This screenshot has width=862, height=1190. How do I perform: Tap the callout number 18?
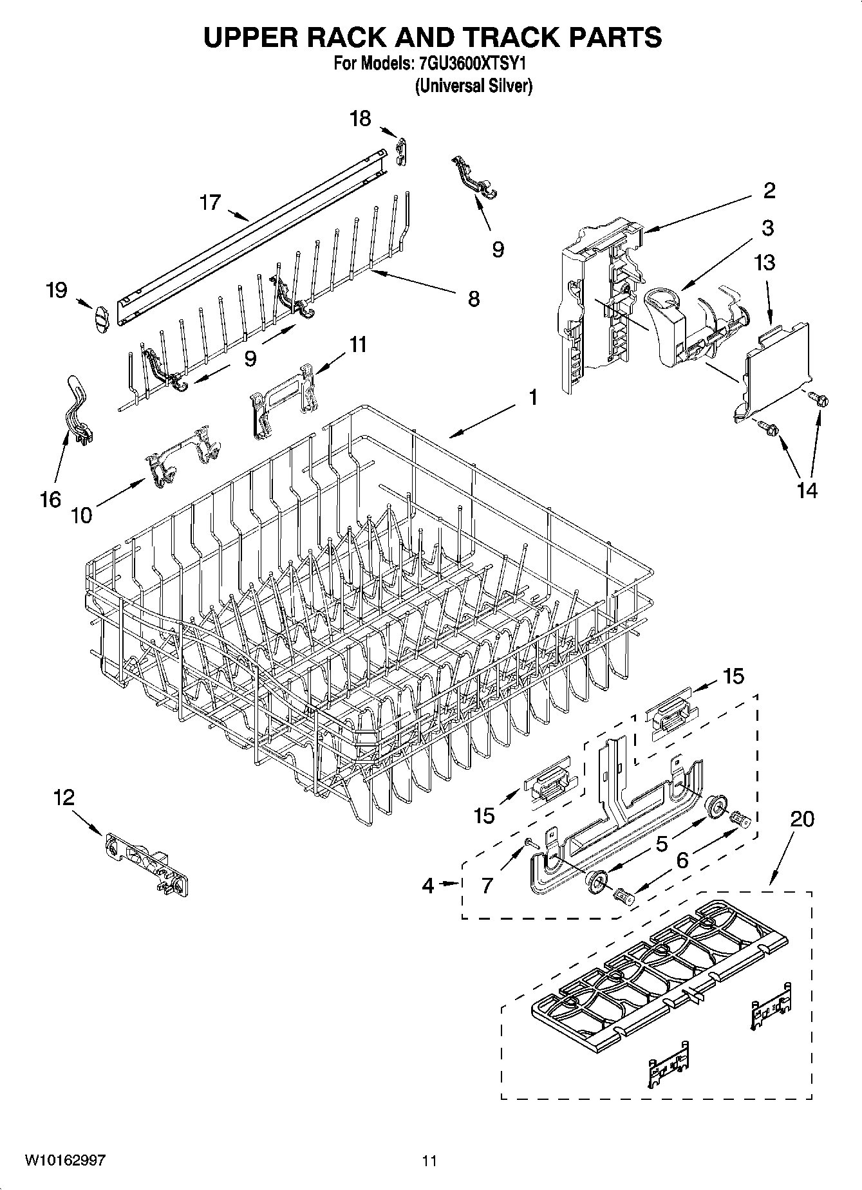[361, 118]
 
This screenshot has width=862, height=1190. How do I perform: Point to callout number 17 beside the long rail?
[210, 202]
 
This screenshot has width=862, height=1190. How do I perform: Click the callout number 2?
[769, 191]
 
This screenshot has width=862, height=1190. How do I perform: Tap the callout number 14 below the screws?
[807, 490]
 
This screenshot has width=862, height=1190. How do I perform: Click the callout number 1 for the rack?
[533, 398]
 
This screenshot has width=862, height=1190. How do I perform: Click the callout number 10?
[82, 515]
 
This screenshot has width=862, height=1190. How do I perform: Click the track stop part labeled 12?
[147, 863]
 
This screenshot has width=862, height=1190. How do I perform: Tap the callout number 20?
[801, 819]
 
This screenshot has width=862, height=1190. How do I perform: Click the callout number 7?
[487, 886]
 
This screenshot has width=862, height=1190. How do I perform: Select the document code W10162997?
[65, 1160]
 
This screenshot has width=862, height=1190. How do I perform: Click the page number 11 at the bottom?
[429, 1160]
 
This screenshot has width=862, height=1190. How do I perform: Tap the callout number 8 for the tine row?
[474, 299]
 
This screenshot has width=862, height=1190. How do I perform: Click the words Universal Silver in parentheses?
[474, 86]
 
